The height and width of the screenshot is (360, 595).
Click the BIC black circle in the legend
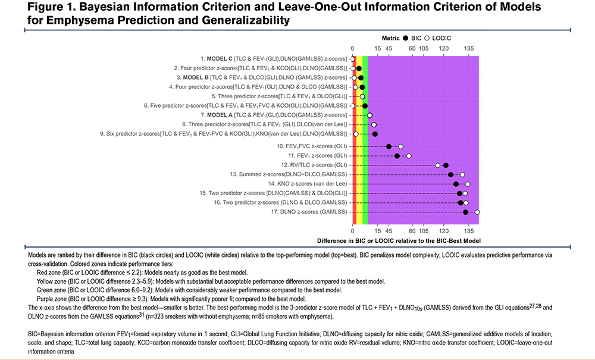[405, 37]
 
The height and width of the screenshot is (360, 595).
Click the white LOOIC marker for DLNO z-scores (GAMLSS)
[477, 212]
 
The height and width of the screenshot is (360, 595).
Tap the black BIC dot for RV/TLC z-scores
[446, 165]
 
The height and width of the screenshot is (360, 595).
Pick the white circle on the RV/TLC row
[437, 165]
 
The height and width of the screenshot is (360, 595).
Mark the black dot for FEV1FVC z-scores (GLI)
[389, 146]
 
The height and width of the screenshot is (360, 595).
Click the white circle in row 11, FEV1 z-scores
[409, 156]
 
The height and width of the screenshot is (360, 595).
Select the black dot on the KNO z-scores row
[456, 184]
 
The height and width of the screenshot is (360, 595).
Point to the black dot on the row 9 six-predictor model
[375, 134]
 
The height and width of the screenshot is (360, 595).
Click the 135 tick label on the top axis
[469, 49]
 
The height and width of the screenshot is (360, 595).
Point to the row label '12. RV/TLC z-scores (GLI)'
[314, 165]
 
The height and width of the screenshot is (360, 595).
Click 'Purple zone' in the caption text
[50, 298]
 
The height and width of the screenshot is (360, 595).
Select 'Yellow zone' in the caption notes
[50, 281]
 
